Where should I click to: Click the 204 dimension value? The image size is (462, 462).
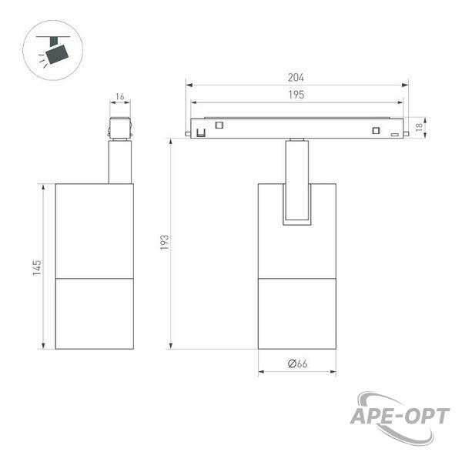[x=296, y=78]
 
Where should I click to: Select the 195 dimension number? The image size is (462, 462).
[x=296, y=95]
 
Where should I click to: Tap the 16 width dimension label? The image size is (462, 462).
[x=120, y=96]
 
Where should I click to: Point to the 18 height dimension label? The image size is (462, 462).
[x=418, y=127]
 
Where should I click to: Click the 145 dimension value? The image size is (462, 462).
[x=37, y=267]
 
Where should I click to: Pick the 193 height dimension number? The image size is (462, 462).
[x=165, y=243]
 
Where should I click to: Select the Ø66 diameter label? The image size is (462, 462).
[x=297, y=363]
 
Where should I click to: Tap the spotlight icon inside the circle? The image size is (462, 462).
[x=53, y=51]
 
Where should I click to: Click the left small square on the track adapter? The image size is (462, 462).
[x=219, y=125]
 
